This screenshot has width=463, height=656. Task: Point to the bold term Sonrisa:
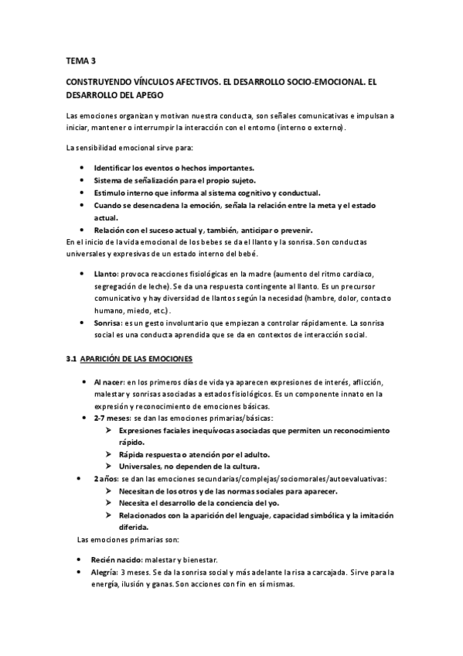[108, 323]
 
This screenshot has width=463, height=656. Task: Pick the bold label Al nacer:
[109, 383]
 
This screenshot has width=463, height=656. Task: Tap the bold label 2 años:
[107, 480]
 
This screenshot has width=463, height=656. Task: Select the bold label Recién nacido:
[121, 559]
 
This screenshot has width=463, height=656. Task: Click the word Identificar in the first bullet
[117, 168]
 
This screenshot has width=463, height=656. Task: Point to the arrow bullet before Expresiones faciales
[111, 431]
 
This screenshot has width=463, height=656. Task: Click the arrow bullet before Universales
[111, 467]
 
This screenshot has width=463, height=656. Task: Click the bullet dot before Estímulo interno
[82, 193]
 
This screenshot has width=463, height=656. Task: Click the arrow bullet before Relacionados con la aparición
[111, 516]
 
